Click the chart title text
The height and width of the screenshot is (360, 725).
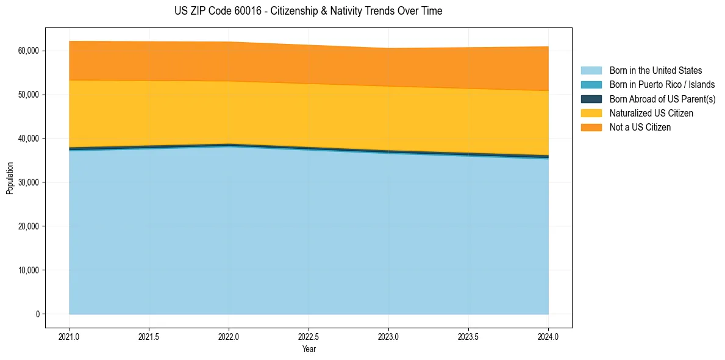click(308, 11)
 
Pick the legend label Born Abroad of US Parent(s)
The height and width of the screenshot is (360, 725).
click(662, 99)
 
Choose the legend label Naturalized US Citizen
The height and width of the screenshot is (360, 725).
click(651, 113)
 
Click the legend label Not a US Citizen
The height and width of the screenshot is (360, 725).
click(640, 128)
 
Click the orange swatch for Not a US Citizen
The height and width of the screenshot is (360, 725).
click(591, 128)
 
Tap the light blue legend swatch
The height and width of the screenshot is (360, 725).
click(591, 71)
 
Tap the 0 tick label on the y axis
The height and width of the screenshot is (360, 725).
click(37, 314)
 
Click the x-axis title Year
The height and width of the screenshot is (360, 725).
click(309, 350)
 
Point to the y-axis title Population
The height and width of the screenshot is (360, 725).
click(10, 178)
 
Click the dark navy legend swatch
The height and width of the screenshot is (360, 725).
click(591, 99)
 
